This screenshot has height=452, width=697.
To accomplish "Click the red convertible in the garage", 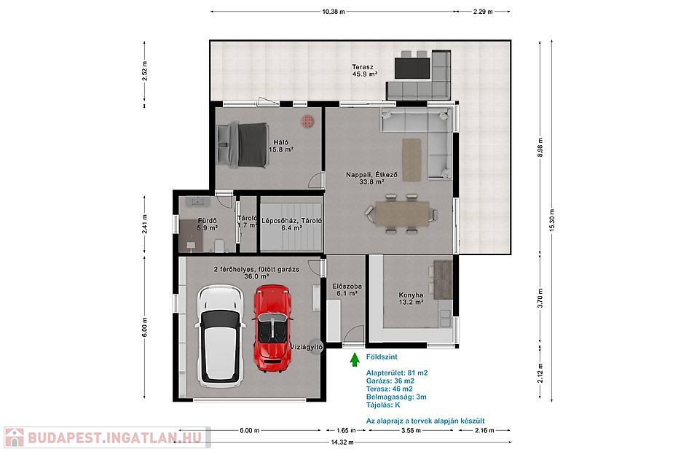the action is pyautogui.click(x=272, y=329).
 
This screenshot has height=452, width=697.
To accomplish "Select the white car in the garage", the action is pyautogui.click(x=221, y=336).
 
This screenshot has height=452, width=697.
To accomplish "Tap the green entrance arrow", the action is pyautogui.click(x=354, y=359).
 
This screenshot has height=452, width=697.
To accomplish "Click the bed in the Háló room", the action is pyautogui.click(x=243, y=146).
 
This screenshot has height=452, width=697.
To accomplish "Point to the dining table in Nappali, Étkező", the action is pyautogui.click(x=402, y=214).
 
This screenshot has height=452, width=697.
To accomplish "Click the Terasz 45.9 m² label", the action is pyautogui.click(x=364, y=71).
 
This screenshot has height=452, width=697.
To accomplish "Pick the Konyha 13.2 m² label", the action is pyautogui.click(x=411, y=298).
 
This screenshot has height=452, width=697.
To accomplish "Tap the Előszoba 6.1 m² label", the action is pyautogui.click(x=347, y=290).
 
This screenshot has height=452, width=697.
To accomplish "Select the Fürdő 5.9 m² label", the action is pyautogui.click(x=207, y=225).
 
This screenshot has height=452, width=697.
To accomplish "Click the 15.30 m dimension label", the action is pyautogui.click(x=551, y=220).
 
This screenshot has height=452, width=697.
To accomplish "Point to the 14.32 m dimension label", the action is pyautogui.click(x=342, y=443).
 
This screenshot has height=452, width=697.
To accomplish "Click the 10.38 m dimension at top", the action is pyautogui.click(x=334, y=12).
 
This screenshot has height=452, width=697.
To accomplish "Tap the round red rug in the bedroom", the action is pyautogui.click(x=307, y=122).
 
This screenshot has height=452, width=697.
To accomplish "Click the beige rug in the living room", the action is pyautogui.click(x=411, y=160).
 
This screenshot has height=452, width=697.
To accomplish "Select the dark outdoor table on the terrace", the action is pyautogui.click(x=412, y=69).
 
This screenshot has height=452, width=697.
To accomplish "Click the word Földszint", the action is pyautogui.click(x=382, y=356).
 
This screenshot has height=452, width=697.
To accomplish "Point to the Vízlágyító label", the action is pyautogui.click(x=307, y=346).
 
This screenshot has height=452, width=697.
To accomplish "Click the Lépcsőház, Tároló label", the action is pyautogui.click(x=291, y=225).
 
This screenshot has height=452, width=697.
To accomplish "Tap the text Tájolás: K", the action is pyautogui.click(x=383, y=405).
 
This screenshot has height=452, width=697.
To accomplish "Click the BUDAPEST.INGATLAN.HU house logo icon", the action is pyautogui.click(x=15, y=437).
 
